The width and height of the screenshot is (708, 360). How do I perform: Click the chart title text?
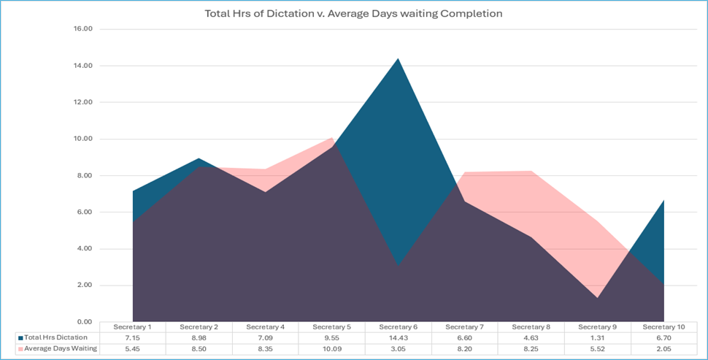tap(354, 13)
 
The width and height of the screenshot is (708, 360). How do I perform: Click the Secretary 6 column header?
tap(398, 327)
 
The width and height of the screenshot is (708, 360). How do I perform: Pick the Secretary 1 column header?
tap(132, 327)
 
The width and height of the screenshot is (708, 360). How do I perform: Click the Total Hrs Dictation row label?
tap(55, 337)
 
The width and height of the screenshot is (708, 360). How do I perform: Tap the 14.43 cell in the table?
tap(398, 337)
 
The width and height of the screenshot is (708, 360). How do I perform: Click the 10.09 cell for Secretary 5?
tap(331, 348)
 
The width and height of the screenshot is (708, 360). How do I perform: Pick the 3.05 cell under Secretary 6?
tap(398, 348)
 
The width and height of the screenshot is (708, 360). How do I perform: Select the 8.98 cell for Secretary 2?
tap(199, 337)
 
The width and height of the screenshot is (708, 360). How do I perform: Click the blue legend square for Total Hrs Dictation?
tap(20, 338)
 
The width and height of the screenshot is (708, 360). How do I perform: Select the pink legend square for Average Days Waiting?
tap(20, 349)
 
